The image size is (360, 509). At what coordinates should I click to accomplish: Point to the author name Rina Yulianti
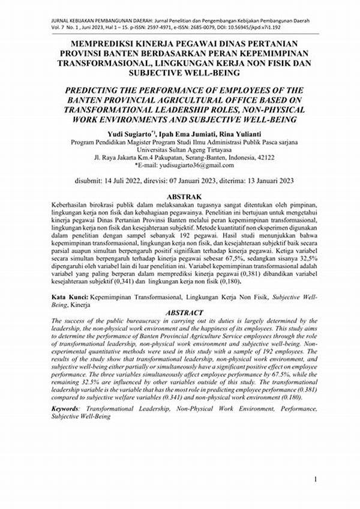click(x=244, y=133)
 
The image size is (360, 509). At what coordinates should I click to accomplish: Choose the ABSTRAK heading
click(x=183, y=197)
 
